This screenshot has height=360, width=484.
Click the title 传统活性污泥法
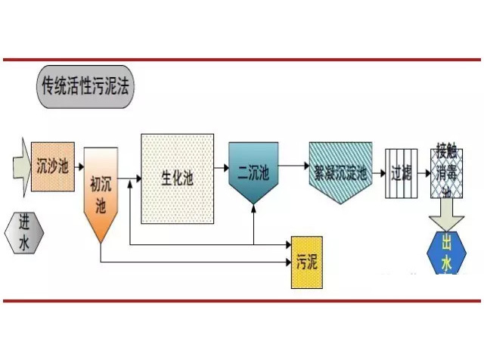[x=86, y=87]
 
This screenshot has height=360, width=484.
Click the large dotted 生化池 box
[x=177, y=178]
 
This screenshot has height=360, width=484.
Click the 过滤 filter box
[x=400, y=173]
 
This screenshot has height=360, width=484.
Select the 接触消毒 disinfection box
[x=446, y=172]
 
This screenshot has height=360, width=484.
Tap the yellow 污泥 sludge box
[x=307, y=262]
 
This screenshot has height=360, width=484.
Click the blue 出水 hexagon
[x=445, y=255]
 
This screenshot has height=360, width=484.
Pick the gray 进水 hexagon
[x=23, y=232]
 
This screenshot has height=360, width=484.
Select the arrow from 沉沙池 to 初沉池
[x=80, y=164]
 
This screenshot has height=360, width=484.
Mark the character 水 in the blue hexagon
[x=445, y=263]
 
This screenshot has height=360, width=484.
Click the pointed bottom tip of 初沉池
[x=101, y=242]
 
